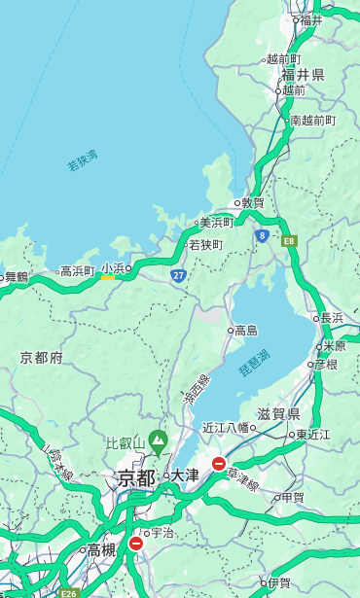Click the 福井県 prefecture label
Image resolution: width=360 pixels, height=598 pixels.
tap(304, 75)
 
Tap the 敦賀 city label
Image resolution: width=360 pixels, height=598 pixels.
tap(252, 203)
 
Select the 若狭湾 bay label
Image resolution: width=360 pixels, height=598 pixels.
tap(83, 160)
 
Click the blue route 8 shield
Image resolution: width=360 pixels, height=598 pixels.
tap(262, 235)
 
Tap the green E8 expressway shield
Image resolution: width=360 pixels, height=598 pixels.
tap(289, 239)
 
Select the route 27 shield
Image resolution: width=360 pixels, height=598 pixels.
tap(179, 276)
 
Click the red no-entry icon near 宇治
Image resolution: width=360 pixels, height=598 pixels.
tap(135, 544)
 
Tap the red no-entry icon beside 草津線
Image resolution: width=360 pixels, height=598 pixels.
tap(219, 464)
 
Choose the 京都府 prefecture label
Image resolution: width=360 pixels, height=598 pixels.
tap(42, 358)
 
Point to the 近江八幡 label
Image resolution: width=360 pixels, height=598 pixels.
tap(226, 427)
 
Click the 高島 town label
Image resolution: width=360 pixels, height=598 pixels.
tap(245, 331)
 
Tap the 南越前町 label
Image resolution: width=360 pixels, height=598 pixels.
tap(312, 121)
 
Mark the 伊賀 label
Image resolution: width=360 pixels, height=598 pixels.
tap(279, 583)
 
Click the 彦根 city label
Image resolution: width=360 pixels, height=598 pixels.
tap(325, 365)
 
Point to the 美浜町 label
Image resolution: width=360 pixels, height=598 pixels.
tap(216, 223)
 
